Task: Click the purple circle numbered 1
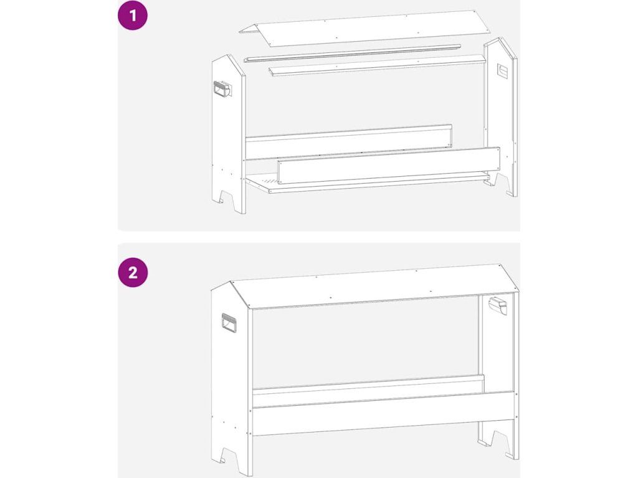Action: coord(133,16)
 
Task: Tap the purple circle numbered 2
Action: coord(133,273)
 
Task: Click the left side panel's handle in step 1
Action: coord(222,90)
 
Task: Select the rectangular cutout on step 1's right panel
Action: coord(503,72)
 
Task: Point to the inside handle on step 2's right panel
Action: coord(498,305)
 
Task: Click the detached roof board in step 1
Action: coord(364,27)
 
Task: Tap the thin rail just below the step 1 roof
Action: coord(353,53)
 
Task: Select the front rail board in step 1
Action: coord(389,166)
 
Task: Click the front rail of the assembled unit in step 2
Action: coord(383,414)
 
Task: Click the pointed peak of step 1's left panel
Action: coord(228,55)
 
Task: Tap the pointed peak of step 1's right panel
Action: coord(499,38)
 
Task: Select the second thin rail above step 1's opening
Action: coord(377,66)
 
